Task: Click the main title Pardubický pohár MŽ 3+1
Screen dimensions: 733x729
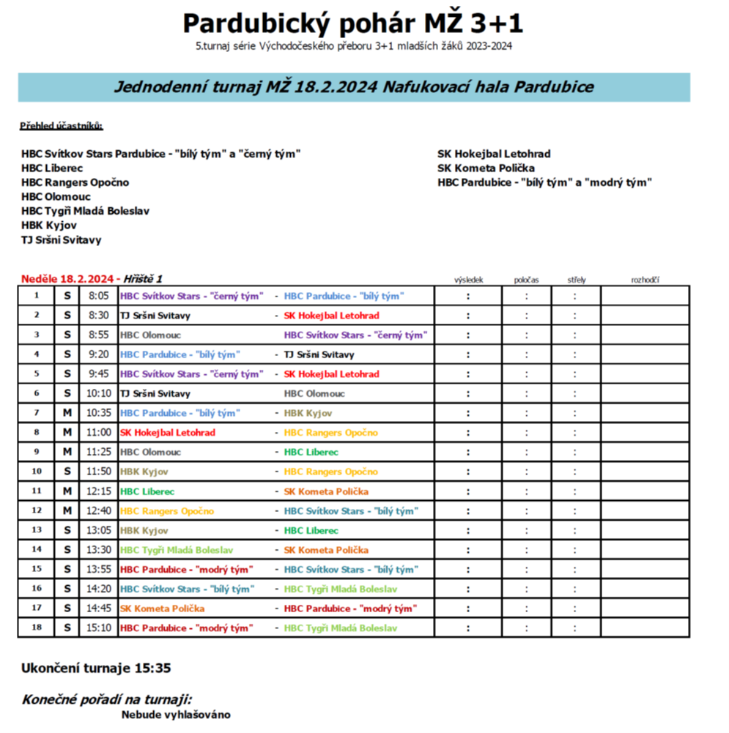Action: click(352, 23)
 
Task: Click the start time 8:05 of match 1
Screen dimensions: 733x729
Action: click(98, 296)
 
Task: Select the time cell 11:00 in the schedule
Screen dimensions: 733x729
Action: click(98, 433)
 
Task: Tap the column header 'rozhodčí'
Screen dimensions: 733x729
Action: click(645, 279)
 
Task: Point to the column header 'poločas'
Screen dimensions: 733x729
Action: click(526, 279)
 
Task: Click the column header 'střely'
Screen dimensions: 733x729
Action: click(576, 279)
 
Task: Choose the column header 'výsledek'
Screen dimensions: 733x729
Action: click(467, 279)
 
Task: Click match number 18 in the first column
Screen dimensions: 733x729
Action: click(37, 628)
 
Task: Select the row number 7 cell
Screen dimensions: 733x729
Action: click(37, 413)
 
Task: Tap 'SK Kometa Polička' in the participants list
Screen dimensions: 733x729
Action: click(486, 168)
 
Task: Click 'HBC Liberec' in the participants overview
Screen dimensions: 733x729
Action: click(52, 168)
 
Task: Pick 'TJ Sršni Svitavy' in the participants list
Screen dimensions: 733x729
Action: click(62, 239)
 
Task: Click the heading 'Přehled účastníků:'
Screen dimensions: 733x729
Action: click(62, 126)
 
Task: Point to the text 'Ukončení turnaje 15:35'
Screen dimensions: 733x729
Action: click(96, 669)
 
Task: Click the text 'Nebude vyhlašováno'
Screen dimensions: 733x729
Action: click(176, 715)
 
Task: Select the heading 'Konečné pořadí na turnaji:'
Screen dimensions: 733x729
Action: click(107, 699)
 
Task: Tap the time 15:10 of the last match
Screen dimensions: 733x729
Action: click(98, 628)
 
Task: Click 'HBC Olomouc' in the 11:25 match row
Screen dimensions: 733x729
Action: click(150, 452)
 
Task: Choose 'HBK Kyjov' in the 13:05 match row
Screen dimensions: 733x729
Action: click(144, 530)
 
